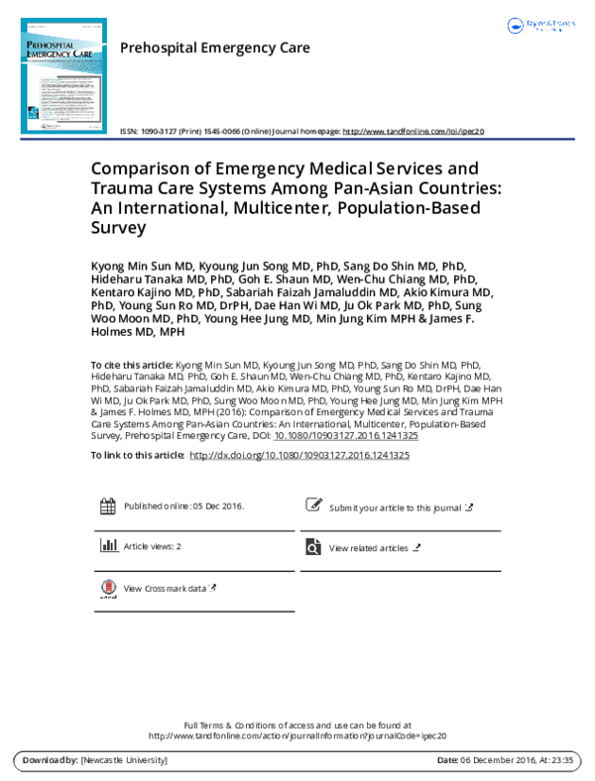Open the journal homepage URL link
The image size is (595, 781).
click(414, 131)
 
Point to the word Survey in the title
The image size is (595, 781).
click(118, 227)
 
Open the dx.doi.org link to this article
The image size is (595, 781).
click(298, 455)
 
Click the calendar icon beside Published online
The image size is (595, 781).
click(107, 506)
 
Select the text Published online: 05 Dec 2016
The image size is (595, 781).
click(183, 506)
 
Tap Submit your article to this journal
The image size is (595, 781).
click(395, 507)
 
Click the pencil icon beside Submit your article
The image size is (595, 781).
click(313, 506)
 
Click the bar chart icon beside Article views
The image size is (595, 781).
click(107, 546)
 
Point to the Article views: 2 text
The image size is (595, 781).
click(152, 547)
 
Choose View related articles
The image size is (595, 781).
click(368, 548)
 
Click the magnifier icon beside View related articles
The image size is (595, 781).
click(313, 547)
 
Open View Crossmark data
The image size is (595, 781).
click(165, 589)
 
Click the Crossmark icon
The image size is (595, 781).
click(107, 590)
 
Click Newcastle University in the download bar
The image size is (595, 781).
click(124, 760)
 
